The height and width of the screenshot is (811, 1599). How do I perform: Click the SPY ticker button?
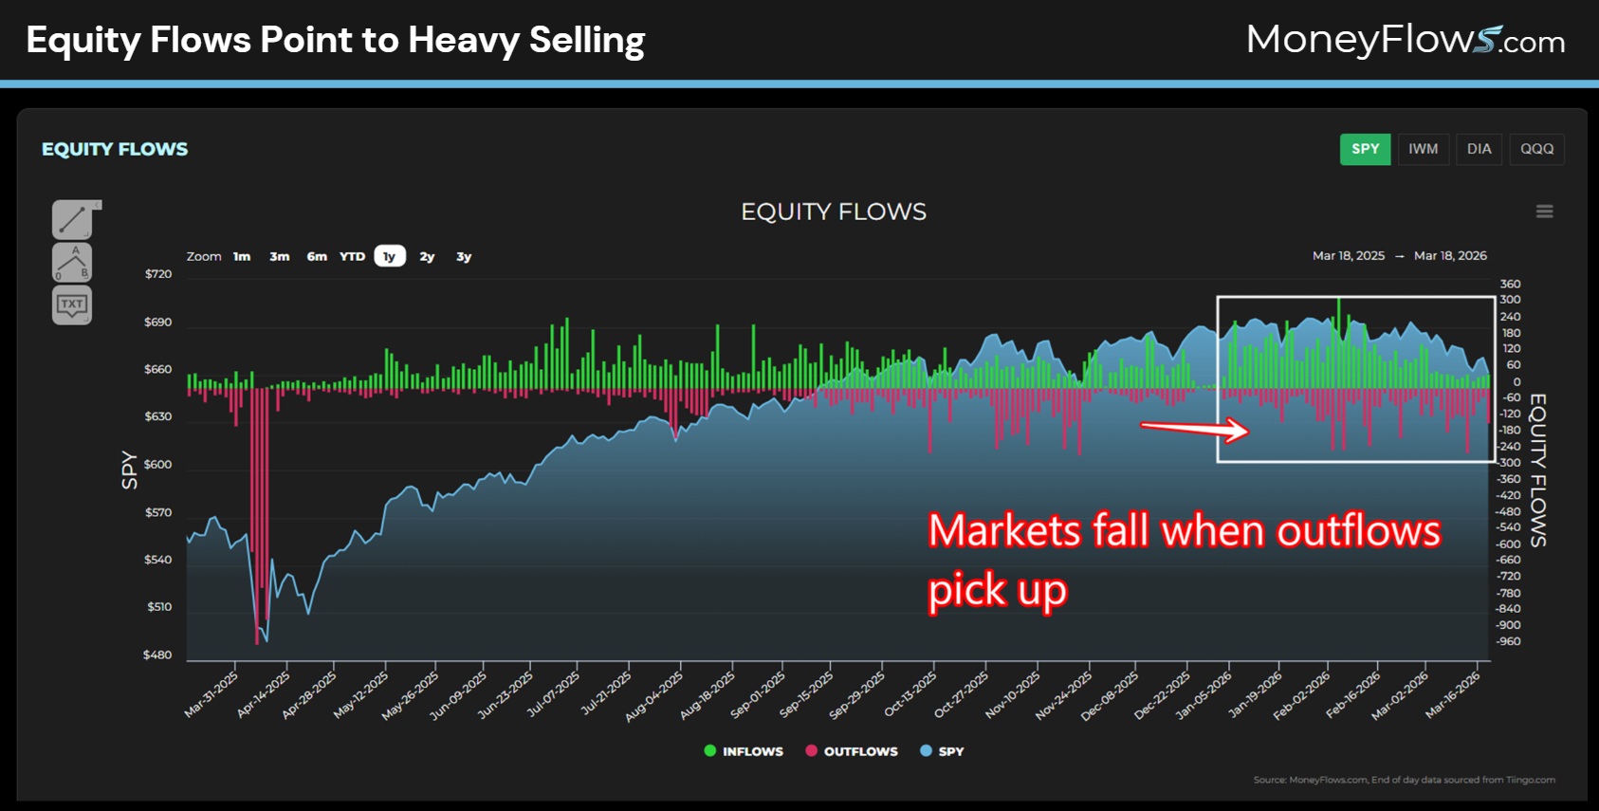tap(1365, 149)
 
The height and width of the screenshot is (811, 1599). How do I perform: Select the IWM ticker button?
tap(1423, 149)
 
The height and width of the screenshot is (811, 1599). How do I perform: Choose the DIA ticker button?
tap(1479, 149)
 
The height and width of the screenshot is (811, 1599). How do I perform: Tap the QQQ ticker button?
tap(1536, 149)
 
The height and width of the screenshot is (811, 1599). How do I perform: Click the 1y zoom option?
tap(389, 256)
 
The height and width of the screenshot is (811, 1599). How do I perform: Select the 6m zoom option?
tap(317, 256)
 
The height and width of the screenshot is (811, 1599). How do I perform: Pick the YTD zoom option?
tap(352, 256)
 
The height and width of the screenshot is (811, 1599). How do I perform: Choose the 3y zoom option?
tap(464, 256)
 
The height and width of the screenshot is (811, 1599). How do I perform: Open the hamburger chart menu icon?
tap(1544, 212)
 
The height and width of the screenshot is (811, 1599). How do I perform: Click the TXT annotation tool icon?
tap(72, 304)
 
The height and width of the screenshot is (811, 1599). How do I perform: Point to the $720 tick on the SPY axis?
tap(158, 274)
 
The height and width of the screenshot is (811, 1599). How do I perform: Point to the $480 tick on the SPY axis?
tap(157, 654)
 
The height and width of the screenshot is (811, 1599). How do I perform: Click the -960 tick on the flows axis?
tap(1508, 641)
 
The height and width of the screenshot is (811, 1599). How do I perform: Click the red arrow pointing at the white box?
tap(1195, 430)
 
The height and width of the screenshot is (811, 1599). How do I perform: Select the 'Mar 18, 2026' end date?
tap(1450, 256)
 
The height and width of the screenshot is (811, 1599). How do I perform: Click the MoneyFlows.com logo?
tap(1405, 40)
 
